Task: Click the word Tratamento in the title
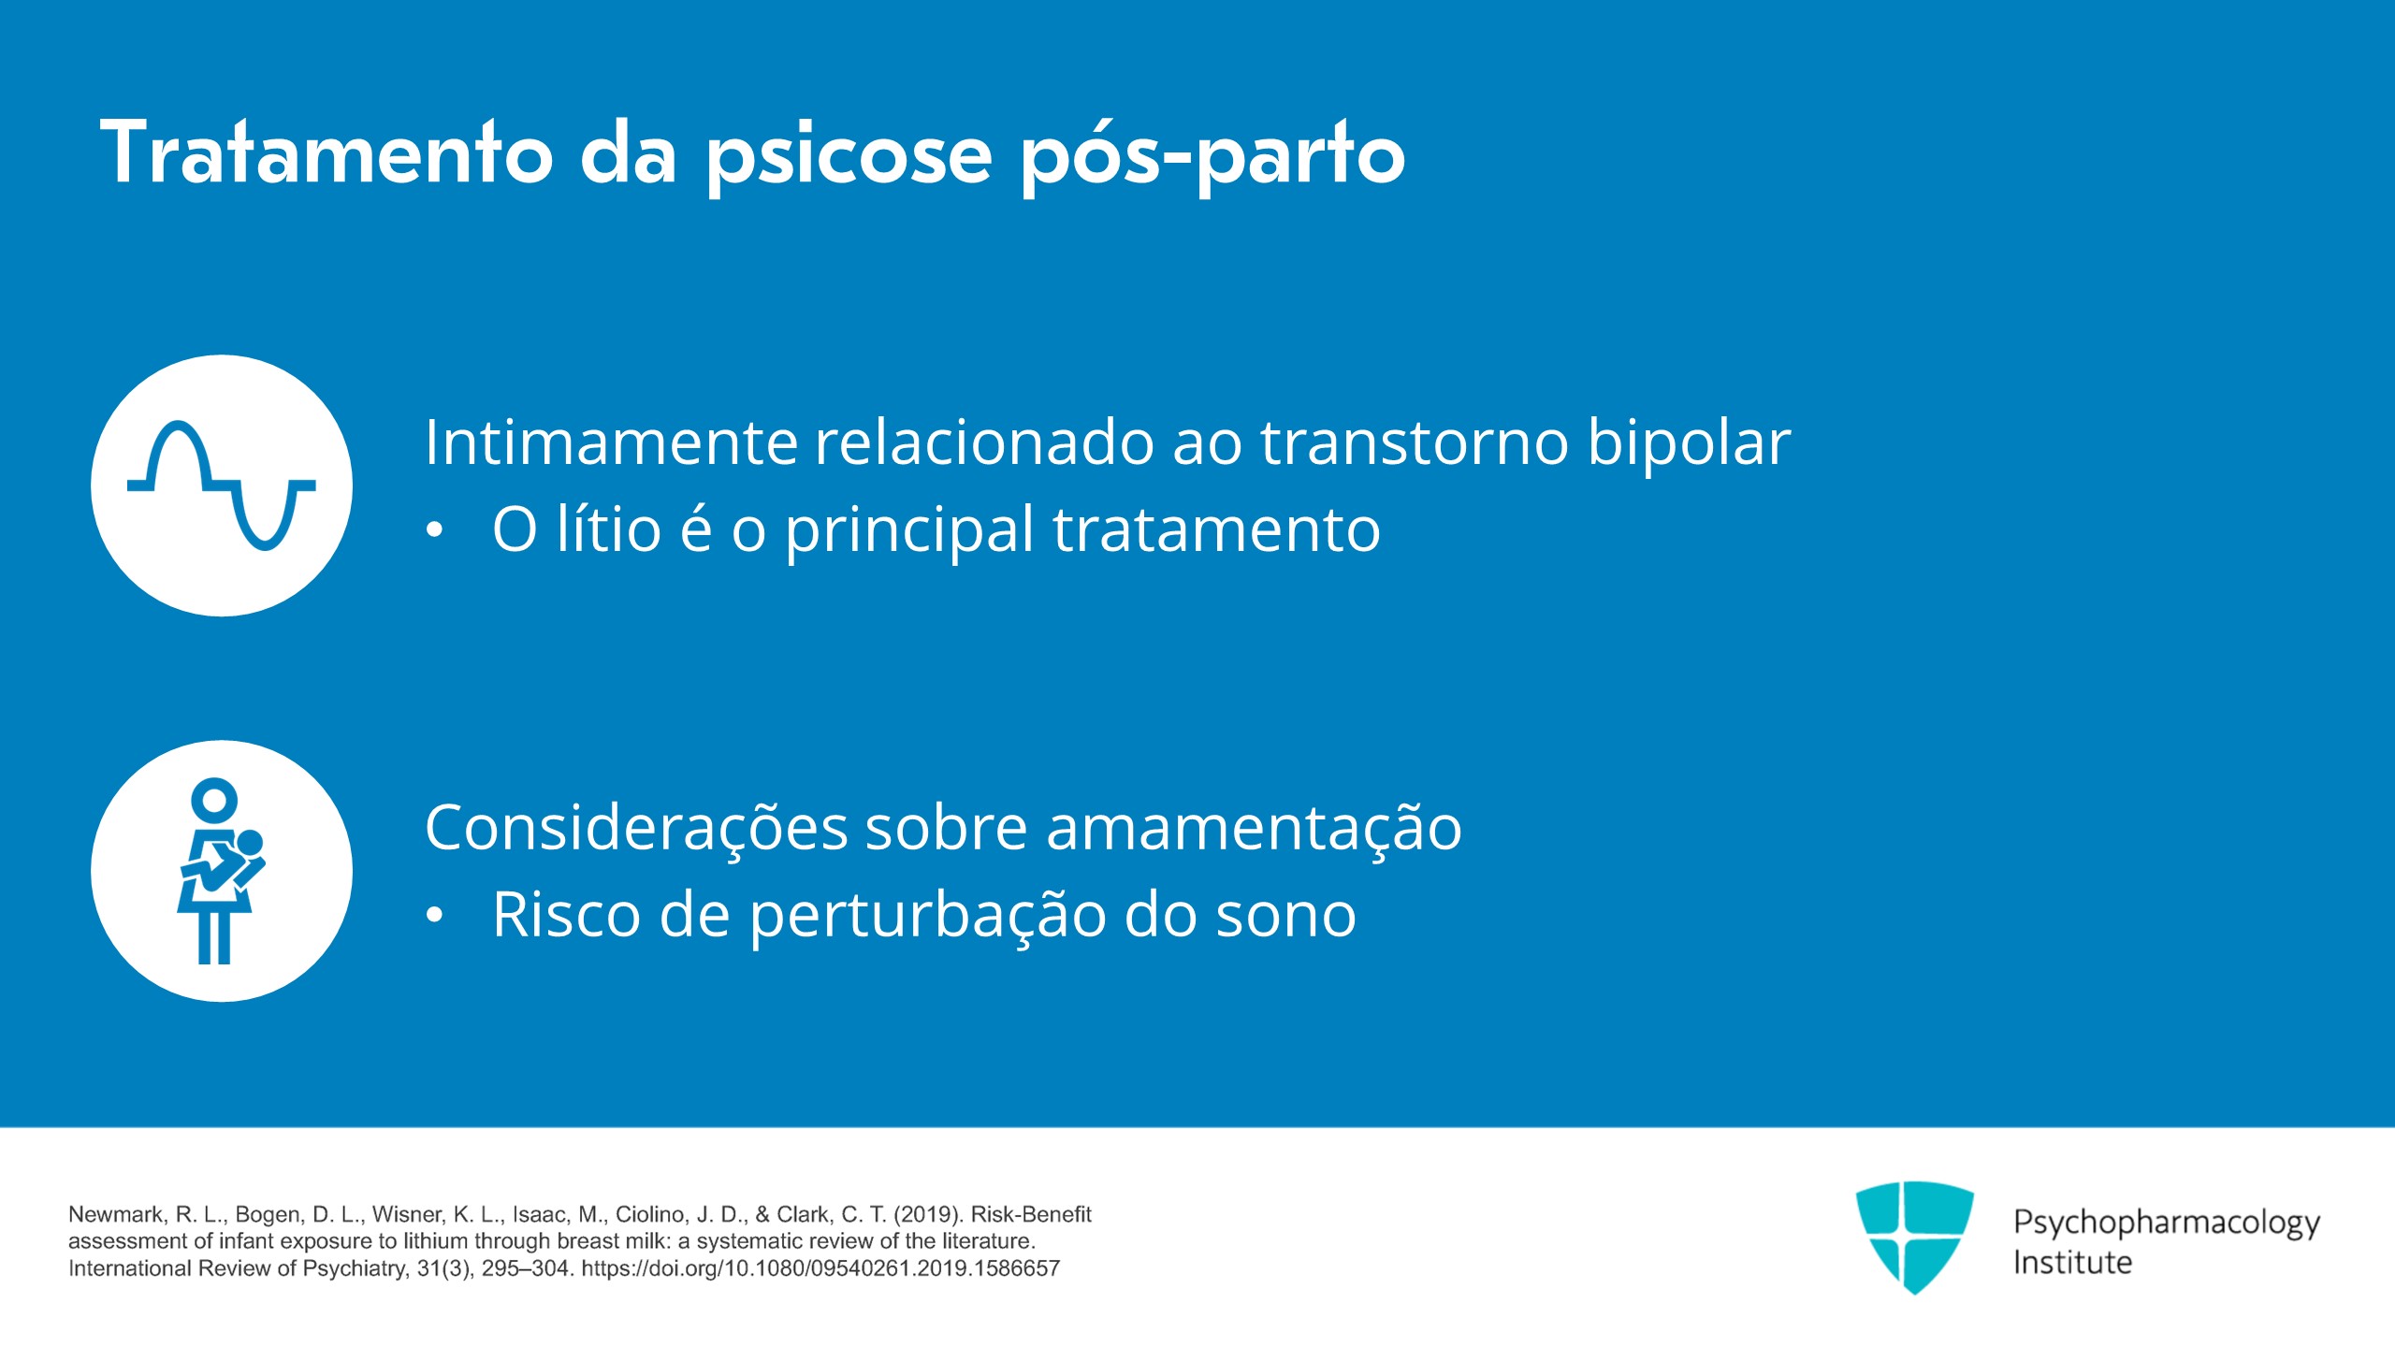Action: click(327, 152)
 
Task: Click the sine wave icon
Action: click(222, 485)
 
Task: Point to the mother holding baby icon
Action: click(221, 871)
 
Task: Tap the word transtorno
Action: click(1415, 443)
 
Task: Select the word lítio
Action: click(609, 529)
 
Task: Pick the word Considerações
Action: click(636, 829)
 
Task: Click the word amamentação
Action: click(1254, 829)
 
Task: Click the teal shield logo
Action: click(1915, 1237)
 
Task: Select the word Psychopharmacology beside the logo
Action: click(2167, 1224)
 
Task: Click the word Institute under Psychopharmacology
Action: click(2073, 1263)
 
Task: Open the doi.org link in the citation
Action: click(820, 1268)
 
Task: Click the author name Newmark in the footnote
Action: click(116, 1214)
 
